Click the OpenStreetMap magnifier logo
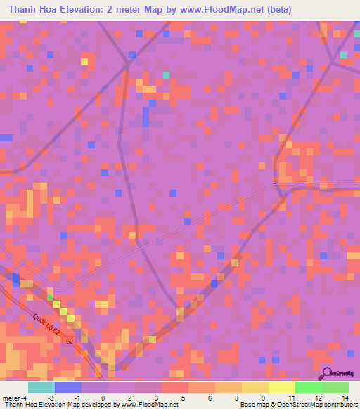327,372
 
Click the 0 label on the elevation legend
103,398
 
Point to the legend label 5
183,398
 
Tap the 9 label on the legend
264,398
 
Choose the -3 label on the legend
51,398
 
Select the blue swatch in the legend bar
67,387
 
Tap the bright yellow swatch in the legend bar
281,387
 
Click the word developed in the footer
101,405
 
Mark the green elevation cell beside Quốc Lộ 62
50,298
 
